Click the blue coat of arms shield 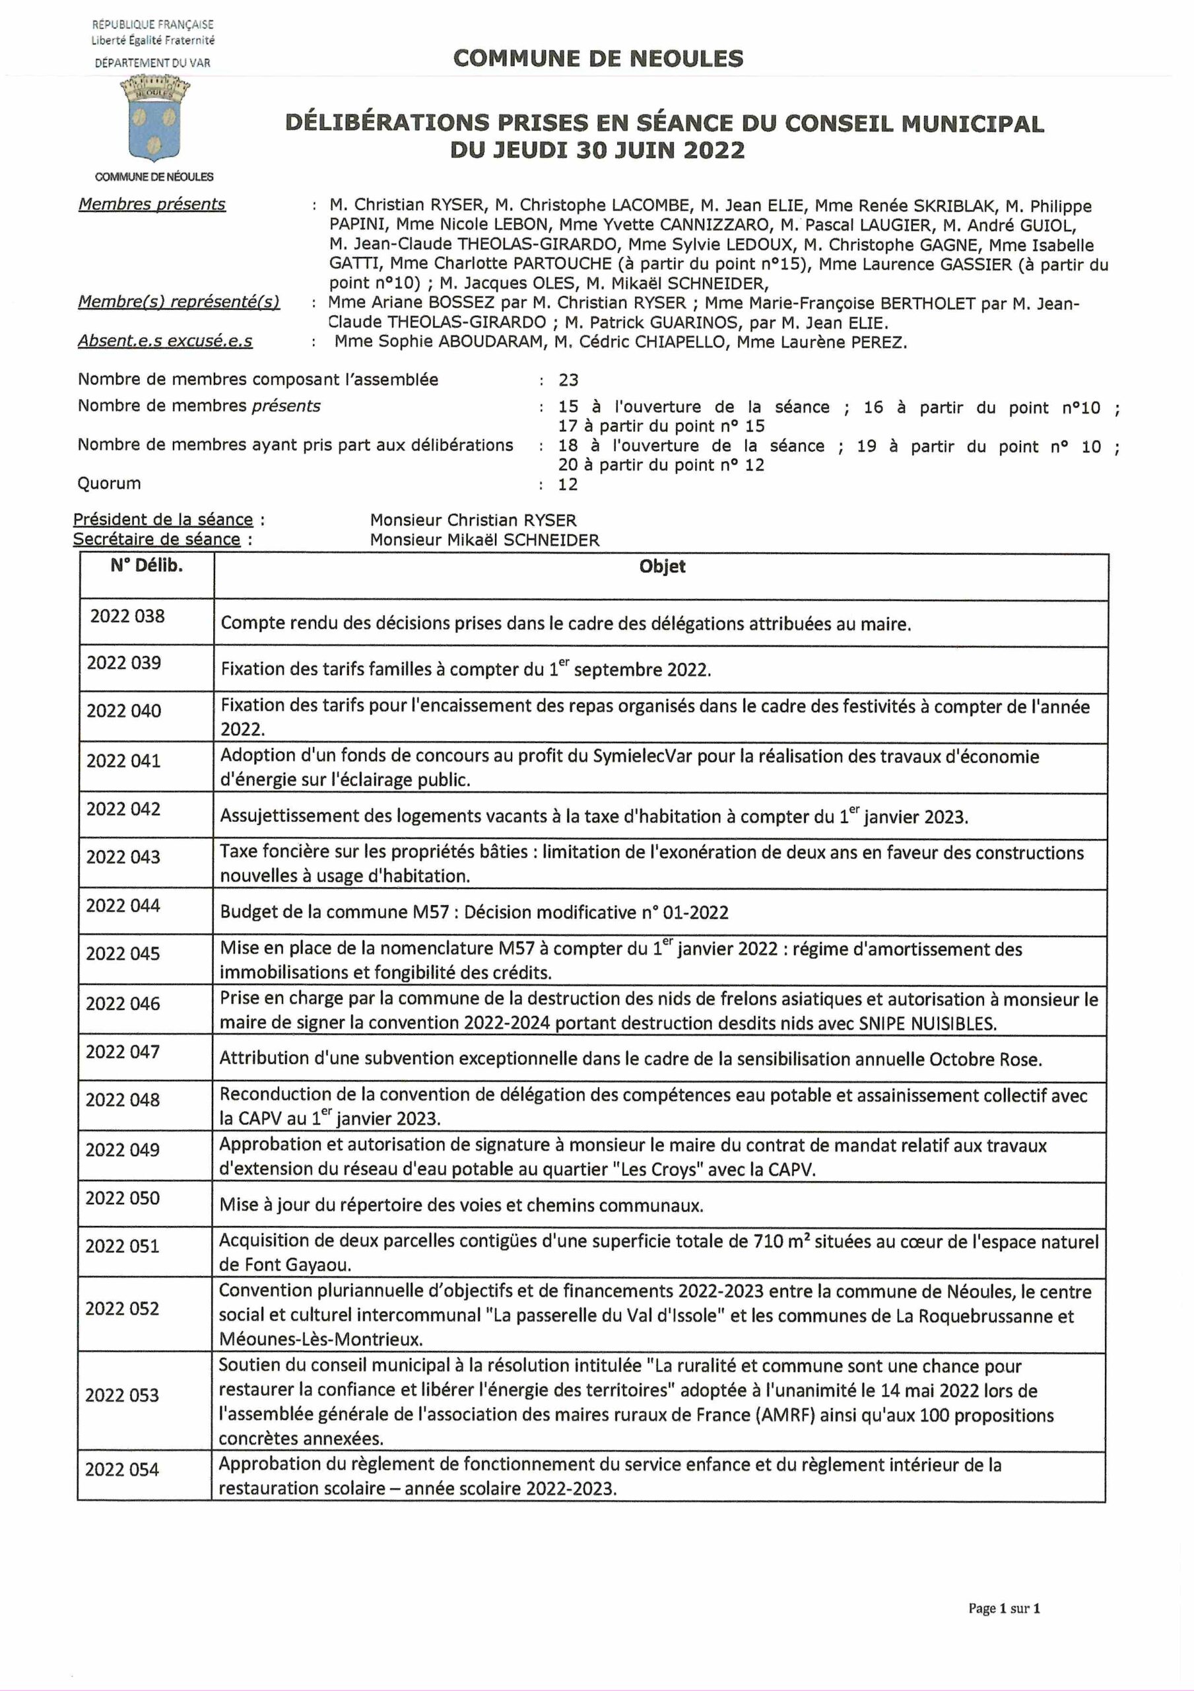coord(154,124)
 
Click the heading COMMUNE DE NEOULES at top coord(598,58)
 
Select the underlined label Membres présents coord(152,204)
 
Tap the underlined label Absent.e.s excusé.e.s coord(165,341)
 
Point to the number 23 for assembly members coord(568,380)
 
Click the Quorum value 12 coord(568,485)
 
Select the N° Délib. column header coord(147,566)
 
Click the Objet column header coord(662,566)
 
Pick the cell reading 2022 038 coord(127,616)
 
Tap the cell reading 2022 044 coord(123,905)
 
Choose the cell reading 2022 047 coord(122,1052)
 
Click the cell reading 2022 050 coord(122,1198)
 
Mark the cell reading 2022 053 coord(121,1395)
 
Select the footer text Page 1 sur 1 coord(1003,1608)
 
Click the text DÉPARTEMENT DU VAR coord(152,63)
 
